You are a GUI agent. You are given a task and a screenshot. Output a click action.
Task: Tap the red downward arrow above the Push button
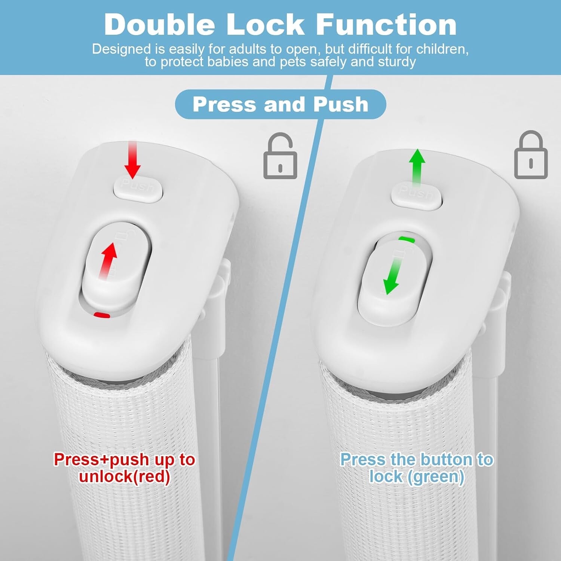132,160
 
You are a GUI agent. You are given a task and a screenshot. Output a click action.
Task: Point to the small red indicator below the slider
102,315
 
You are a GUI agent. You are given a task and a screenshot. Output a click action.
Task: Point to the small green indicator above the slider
407,239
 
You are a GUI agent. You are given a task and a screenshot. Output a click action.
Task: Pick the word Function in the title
386,25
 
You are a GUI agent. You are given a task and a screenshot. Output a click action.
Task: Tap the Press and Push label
280,104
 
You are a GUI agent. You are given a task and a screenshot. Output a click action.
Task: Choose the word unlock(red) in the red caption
125,476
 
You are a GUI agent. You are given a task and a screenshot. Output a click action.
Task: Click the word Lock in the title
265,25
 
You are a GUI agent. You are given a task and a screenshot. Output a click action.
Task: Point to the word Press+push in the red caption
101,460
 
